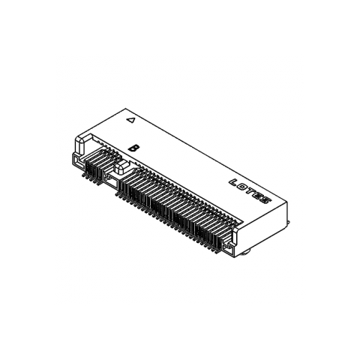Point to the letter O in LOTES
(242, 186)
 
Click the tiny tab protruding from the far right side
(289, 222)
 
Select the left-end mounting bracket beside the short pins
(76, 160)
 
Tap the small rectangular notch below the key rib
(112, 181)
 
